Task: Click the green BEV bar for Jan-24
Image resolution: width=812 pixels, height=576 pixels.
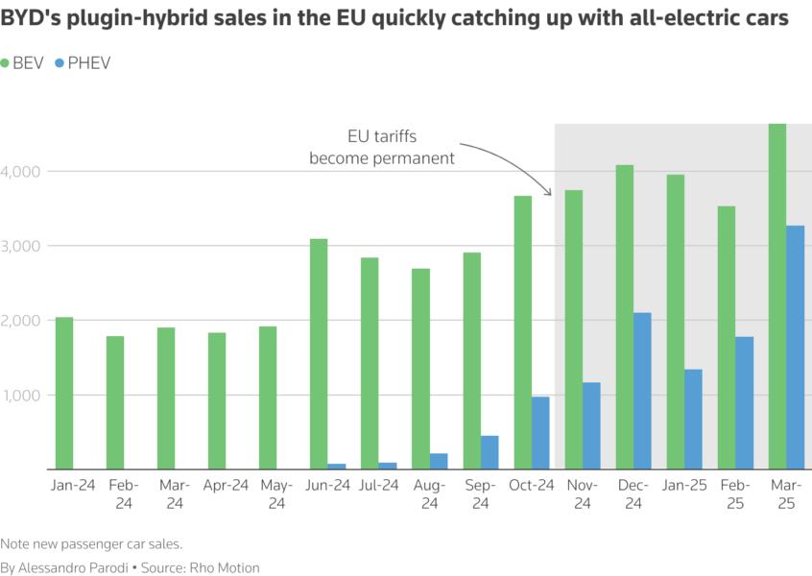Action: pos(64,394)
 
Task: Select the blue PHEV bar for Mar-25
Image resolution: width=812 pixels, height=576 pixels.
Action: pos(795,348)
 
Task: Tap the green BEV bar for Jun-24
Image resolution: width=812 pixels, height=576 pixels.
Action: pos(319,354)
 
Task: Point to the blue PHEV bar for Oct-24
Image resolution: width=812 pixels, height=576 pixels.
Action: pos(540,433)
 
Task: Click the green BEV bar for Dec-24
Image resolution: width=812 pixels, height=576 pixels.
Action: pos(625,318)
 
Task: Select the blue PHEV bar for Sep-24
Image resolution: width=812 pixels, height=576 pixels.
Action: pos(490,452)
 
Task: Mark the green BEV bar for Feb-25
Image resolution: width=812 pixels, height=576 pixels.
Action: pos(727,338)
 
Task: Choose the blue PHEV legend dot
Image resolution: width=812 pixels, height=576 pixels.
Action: pos(60,62)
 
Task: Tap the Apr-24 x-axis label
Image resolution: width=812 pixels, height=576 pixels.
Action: pos(226,486)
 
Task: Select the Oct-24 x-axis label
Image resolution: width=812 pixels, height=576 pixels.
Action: pos(531,486)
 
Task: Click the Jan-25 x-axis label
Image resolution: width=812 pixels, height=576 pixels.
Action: pos(683,486)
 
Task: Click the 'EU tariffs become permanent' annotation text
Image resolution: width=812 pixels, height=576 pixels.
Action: pos(382,147)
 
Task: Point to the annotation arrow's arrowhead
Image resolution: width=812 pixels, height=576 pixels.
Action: pos(550,193)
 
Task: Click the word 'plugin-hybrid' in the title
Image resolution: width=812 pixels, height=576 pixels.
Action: pos(141,19)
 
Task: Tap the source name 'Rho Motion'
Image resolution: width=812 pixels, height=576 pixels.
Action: pos(227,567)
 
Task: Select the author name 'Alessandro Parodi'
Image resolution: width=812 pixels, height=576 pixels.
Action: pos(73,567)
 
